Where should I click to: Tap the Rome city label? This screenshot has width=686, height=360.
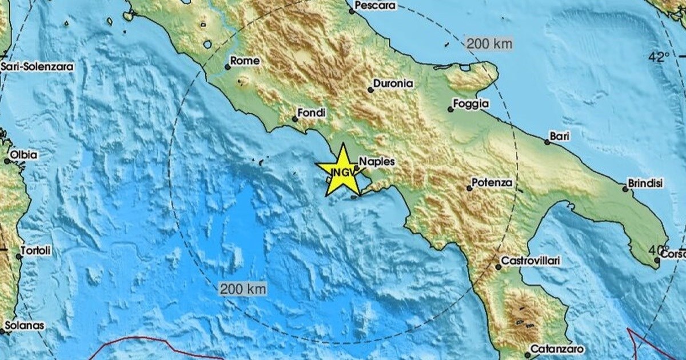point(245,61)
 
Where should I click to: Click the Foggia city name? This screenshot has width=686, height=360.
point(471,104)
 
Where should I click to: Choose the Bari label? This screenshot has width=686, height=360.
point(558,136)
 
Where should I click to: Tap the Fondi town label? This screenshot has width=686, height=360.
point(313,114)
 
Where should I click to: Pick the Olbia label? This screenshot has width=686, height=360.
point(23,155)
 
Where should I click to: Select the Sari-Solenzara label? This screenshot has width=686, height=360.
point(38,67)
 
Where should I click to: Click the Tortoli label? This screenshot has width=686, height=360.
point(35,250)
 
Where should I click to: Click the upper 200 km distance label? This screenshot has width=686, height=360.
point(489,43)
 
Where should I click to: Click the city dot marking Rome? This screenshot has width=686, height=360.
point(228,67)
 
